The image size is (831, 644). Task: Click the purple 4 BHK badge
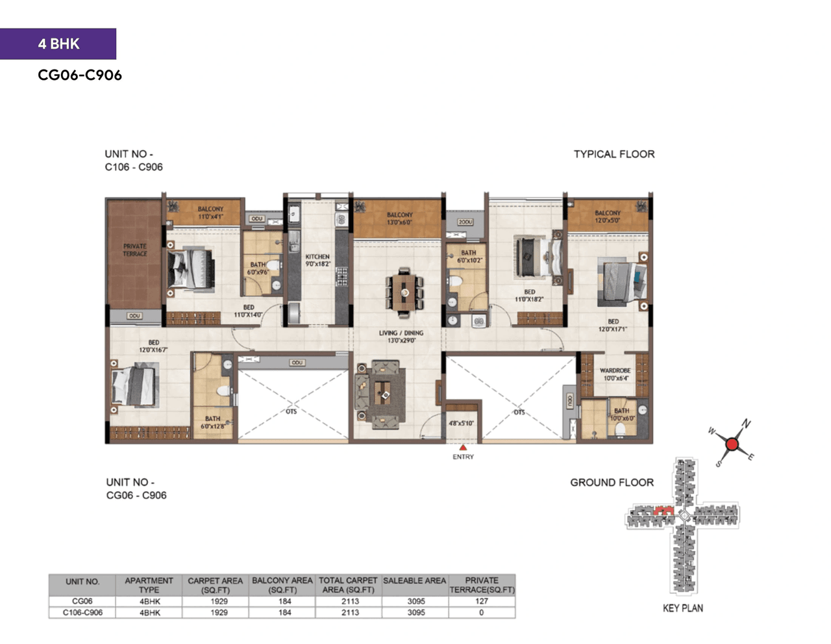click(x=58, y=44)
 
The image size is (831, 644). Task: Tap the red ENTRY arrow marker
click(x=463, y=448)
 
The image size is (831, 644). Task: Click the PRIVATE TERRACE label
click(x=135, y=250)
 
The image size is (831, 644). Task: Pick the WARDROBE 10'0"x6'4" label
click(x=615, y=374)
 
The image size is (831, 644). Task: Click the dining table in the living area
click(x=404, y=292)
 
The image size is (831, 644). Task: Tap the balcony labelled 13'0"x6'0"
click(x=399, y=218)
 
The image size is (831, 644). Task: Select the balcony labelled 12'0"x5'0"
click(x=607, y=216)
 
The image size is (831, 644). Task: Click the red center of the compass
click(x=732, y=444)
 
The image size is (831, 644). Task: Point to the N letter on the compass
click(x=747, y=424)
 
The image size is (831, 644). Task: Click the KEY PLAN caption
click(x=682, y=608)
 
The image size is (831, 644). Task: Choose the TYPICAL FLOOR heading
click(x=614, y=154)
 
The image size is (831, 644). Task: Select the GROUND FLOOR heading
click(x=612, y=482)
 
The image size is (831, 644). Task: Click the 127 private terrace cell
click(x=481, y=601)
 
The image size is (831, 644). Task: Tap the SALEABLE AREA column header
click(x=414, y=580)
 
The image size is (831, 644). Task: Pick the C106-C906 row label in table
click(x=82, y=612)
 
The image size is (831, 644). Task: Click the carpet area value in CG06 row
click(x=219, y=601)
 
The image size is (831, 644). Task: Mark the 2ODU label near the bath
click(x=465, y=222)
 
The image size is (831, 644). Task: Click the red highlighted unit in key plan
click(x=662, y=511)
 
